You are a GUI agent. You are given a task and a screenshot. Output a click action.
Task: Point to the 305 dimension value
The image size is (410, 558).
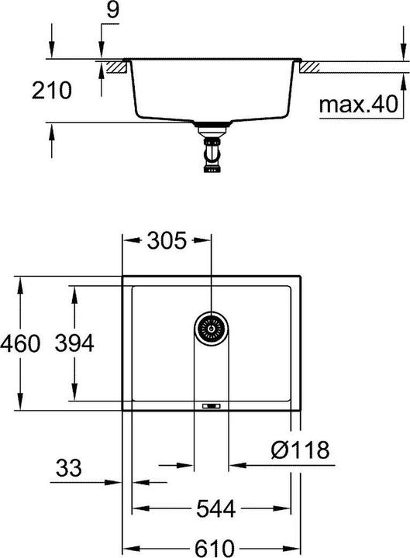pyautogui.click(x=167, y=241)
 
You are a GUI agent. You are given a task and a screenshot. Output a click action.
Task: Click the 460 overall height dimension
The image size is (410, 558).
pyautogui.click(x=19, y=343)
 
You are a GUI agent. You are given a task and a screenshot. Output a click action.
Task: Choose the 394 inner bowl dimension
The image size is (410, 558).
pyautogui.click(x=74, y=343)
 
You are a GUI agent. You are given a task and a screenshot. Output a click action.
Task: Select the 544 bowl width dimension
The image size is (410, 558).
pyautogui.click(x=210, y=509)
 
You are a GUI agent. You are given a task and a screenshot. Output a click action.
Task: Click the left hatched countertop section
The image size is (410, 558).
pyautogui.click(x=116, y=67)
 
